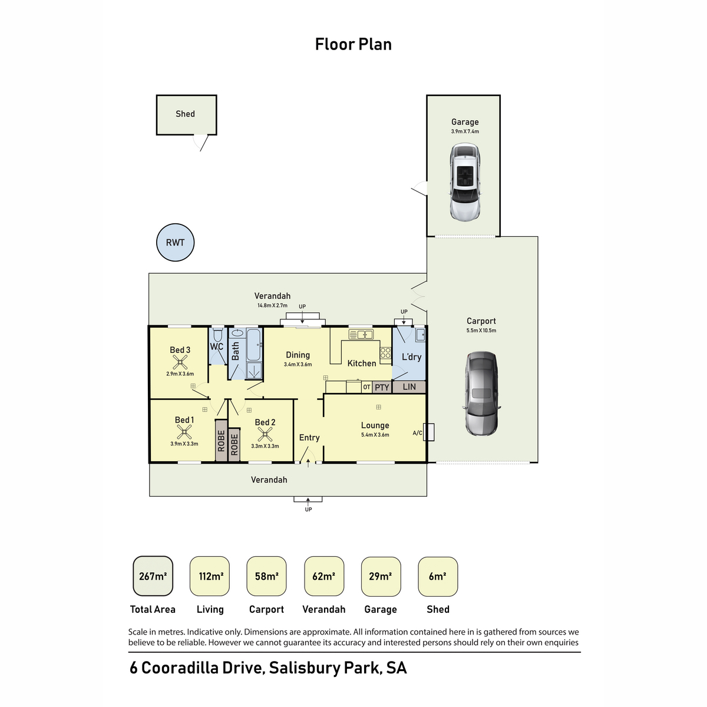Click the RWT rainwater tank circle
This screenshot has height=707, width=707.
click(x=175, y=243)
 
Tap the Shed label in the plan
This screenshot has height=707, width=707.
click(x=185, y=114)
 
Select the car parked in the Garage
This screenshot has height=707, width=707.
click(x=465, y=183)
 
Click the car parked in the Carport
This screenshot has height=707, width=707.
click(x=481, y=394)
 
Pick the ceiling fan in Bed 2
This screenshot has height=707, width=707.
click(x=265, y=435)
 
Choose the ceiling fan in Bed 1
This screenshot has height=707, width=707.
click(x=184, y=432)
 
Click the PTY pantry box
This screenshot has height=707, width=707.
click(x=382, y=387)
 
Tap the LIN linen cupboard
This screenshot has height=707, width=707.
click(x=409, y=387)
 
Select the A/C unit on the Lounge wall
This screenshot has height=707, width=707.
click(x=429, y=432)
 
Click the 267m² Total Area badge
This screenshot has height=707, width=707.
click(x=153, y=576)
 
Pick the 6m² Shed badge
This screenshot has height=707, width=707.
click(x=438, y=576)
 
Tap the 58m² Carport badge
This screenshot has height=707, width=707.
click(x=267, y=576)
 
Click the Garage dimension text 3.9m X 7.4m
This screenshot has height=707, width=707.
click(x=465, y=131)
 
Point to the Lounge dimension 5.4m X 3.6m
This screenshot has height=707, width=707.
click(x=375, y=435)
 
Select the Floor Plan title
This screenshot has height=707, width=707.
click(x=353, y=44)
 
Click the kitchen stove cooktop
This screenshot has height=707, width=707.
click(x=385, y=353)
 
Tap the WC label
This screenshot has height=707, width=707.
click(x=217, y=347)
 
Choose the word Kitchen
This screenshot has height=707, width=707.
click(x=362, y=364)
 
